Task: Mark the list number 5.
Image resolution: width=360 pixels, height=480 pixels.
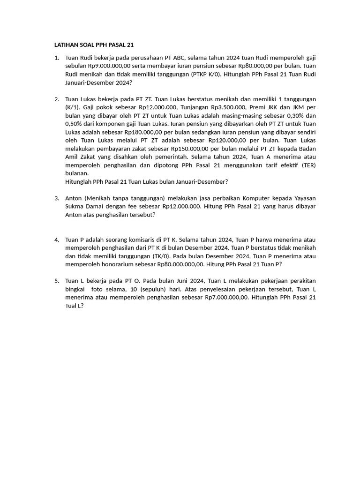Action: pyautogui.click(x=56, y=281)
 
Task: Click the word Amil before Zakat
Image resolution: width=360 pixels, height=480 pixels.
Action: pyautogui.click(x=73, y=157)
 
